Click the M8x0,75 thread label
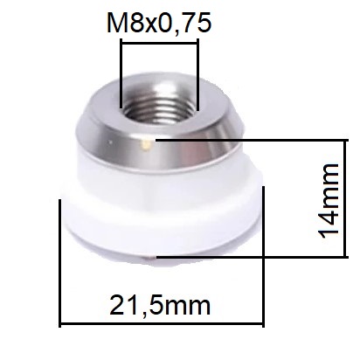tap(159, 23)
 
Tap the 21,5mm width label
tap(160, 306)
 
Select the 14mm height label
tap(329, 201)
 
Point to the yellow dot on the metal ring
tap(145, 143)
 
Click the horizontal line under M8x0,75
tap(160, 44)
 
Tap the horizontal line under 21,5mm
tap(162, 323)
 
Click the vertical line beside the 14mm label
tap(346, 198)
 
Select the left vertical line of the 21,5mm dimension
tap(60, 263)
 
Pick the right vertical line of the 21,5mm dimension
tap(263, 257)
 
